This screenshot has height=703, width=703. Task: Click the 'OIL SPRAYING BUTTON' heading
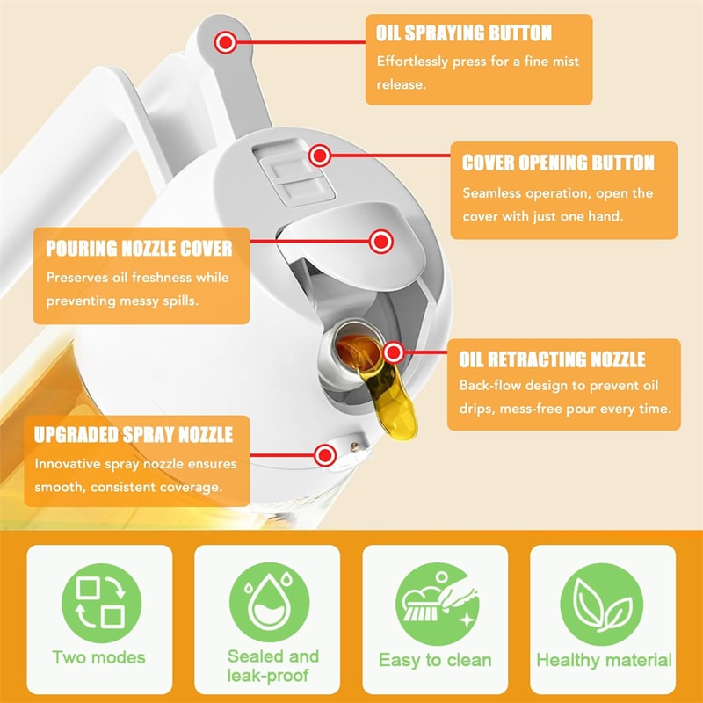pos(464,33)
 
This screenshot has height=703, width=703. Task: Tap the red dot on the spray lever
pos(228,40)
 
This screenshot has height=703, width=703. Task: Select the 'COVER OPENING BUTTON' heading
pos(558,163)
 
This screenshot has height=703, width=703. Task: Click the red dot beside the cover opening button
pos(320,156)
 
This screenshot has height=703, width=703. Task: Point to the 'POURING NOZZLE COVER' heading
pos(139,248)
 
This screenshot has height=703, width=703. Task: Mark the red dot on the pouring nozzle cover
pos(380,241)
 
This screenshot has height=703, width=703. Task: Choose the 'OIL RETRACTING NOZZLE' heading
pos(552,359)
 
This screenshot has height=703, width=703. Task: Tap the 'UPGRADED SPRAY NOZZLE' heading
pos(134,435)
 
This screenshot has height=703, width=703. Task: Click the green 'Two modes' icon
pos(98,604)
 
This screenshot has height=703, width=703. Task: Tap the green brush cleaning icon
pos(435,604)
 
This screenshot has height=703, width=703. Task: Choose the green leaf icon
pos(603,604)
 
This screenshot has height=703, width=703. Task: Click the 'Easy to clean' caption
pos(435,660)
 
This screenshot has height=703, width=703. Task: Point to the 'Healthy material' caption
pos(604,660)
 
